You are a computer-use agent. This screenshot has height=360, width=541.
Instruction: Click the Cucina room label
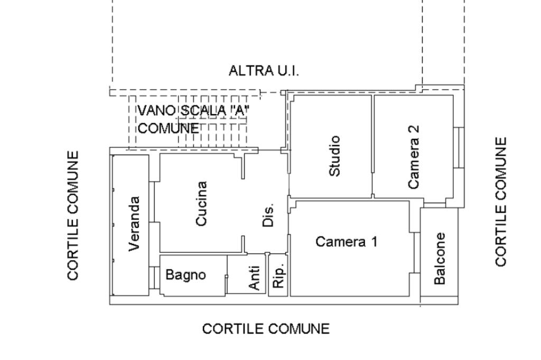click(201, 203)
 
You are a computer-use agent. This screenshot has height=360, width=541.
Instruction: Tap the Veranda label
click(135, 223)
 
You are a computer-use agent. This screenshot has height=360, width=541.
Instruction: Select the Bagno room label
click(185, 275)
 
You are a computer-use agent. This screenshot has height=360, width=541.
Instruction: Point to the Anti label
click(255, 278)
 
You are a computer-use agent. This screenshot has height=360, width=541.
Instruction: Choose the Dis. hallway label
click(268, 215)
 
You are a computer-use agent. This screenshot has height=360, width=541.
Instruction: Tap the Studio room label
click(334, 156)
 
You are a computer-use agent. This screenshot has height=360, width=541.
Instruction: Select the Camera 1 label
click(347, 242)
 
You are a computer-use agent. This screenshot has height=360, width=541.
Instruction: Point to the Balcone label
click(440, 258)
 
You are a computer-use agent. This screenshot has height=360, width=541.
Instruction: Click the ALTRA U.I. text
click(266, 70)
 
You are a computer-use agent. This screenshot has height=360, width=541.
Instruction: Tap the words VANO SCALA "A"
click(194, 111)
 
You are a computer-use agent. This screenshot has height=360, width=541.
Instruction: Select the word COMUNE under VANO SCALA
click(169, 128)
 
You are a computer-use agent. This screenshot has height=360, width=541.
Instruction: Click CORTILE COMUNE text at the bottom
click(266, 329)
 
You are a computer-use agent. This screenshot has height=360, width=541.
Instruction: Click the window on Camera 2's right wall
click(460, 147)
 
